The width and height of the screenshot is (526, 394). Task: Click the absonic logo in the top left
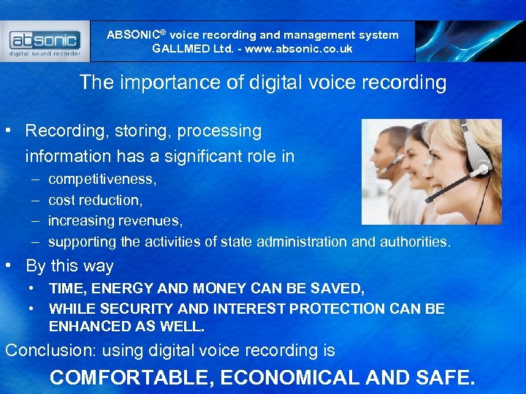45,42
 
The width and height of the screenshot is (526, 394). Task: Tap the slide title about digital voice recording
262,82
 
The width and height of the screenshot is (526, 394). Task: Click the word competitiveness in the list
102,179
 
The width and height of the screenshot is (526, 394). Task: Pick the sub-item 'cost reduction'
94,200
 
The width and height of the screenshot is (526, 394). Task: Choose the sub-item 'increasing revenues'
115,220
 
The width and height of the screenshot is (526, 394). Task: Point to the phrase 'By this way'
69,266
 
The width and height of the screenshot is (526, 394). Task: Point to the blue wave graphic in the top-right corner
470,42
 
